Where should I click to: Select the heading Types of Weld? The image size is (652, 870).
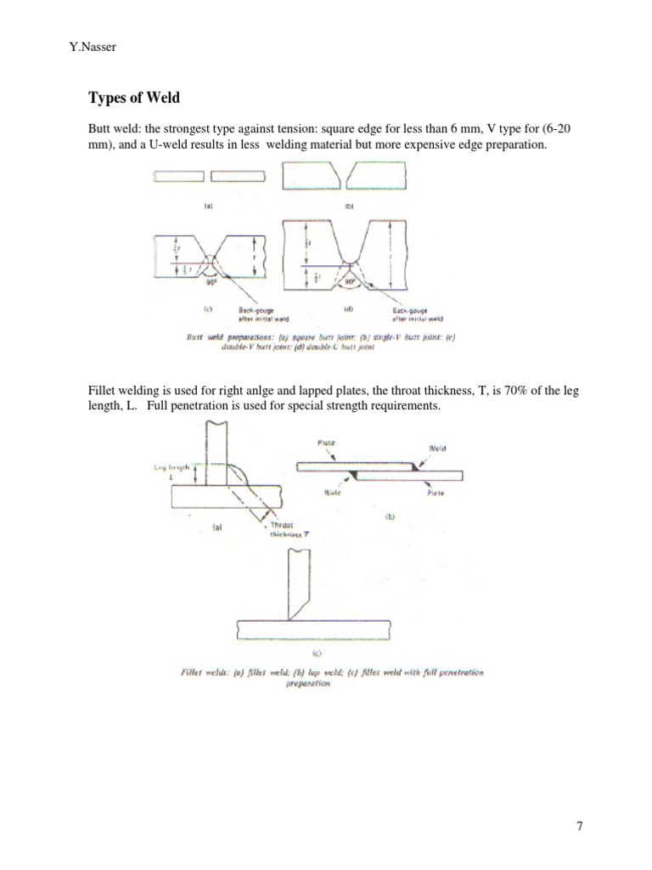[x=134, y=98]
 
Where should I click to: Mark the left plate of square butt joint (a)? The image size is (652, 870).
[x=178, y=176]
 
